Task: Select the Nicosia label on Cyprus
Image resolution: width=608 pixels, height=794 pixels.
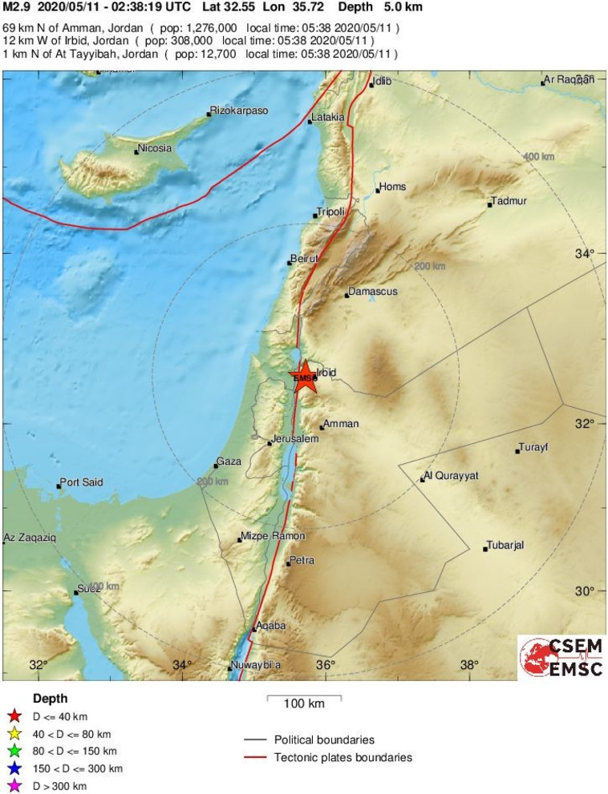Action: pyautogui.click(x=155, y=148)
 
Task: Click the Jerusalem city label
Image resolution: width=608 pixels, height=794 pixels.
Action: pyautogui.click(x=295, y=440)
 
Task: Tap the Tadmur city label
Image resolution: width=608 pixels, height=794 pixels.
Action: pyautogui.click(x=509, y=201)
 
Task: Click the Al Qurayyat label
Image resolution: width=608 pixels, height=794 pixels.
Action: pyautogui.click(x=451, y=476)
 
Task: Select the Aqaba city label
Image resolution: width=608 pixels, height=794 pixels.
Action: pyautogui.click(x=271, y=626)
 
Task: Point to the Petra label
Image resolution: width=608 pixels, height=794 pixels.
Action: pyautogui.click(x=302, y=560)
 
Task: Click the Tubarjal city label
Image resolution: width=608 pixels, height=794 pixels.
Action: pyautogui.click(x=506, y=546)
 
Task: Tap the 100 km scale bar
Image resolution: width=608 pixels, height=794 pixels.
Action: pyautogui.click(x=304, y=699)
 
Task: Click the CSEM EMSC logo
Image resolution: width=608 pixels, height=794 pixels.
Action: pyautogui.click(x=561, y=657)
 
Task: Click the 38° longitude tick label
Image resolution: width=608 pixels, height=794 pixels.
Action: pyautogui.click(x=468, y=664)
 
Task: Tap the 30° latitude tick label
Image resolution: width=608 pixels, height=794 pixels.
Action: pyautogui.click(x=584, y=591)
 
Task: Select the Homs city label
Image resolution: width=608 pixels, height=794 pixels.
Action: pyautogui.click(x=393, y=187)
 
